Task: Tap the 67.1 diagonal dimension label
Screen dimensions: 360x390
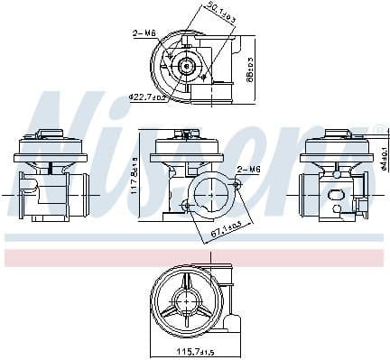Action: pyautogui.click(x=226, y=234)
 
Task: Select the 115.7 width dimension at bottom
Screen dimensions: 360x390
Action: pyautogui.click(x=194, y=351)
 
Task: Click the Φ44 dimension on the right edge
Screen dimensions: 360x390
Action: pyautogui.click(x=382, y=161)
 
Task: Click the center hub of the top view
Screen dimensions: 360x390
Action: pyautogui.click(x=187, y=66)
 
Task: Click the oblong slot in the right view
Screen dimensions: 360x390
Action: pyautogui.click(x=339, y=195)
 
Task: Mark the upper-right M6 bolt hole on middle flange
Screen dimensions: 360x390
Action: pyautogui.click(x=236, y=182)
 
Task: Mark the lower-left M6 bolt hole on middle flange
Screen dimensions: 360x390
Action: pyautogui.click(x=187, y=207)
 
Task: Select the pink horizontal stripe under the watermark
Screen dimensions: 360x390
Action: pyautogui.click(x=194, y=257)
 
